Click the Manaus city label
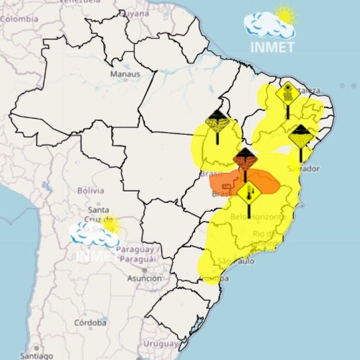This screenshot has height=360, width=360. tap(125, 74)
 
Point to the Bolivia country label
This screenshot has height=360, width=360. tap(91, 190)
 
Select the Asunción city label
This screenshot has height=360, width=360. tap(144, 278)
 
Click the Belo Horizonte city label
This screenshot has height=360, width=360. tap(257, 217)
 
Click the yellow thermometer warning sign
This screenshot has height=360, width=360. tap(251, 193)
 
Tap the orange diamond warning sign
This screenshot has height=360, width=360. tap(245, 158)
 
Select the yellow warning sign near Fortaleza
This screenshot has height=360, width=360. tap(287, 94)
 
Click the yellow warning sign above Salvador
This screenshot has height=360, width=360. tap(300, 135)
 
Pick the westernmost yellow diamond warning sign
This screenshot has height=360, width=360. tap(216, 120)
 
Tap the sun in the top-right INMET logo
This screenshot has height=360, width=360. tap(286, 14)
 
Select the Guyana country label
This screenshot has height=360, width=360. tap(134, 14)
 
